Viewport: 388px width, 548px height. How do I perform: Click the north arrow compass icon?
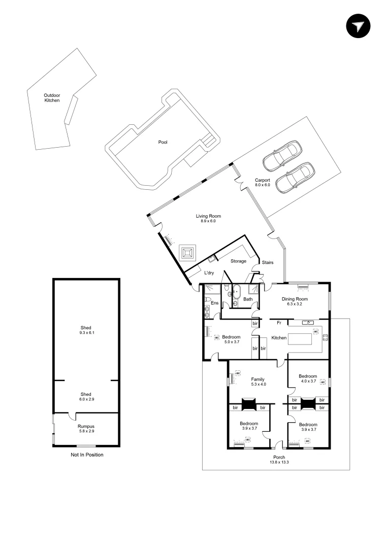pos(359,26)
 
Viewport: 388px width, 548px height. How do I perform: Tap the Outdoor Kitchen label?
pos(52,98)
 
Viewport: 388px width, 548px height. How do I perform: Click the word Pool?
pos(163,143)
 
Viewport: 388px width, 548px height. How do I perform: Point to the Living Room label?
pos(209,219)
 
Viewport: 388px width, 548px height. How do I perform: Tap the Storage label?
pos(238,261)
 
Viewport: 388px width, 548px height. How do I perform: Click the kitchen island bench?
pos(305,339)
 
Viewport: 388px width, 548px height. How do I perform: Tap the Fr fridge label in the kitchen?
pos(279,322)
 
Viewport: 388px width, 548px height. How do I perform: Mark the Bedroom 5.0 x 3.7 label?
pos(231,339)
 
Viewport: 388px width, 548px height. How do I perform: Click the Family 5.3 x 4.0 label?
pos(258,382)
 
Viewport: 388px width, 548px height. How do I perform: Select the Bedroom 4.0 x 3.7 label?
pos(308,378)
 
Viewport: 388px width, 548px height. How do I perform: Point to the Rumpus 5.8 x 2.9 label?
pos(86,429)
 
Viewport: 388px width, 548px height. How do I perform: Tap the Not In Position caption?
pos(87,455)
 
